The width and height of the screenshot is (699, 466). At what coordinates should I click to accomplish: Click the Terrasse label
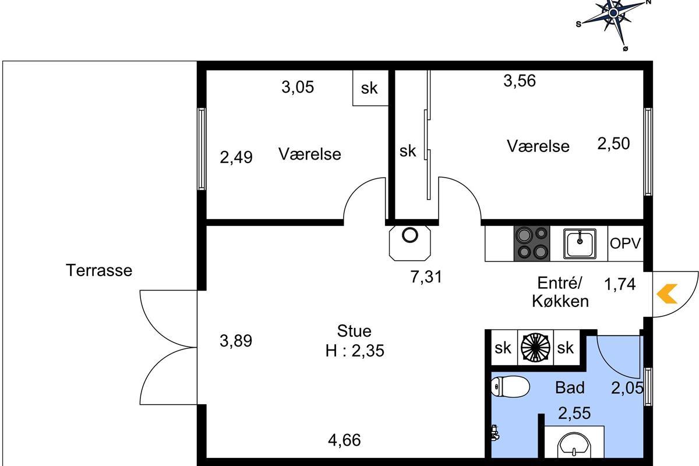coord(99,270)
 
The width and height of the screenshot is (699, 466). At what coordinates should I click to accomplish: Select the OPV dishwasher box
coord(626,243)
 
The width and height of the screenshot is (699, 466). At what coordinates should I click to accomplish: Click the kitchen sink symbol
coord(580,243)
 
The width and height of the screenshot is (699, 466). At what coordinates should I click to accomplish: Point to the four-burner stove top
coord(532,243)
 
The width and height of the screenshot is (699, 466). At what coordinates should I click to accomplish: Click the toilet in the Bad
coord(510,386)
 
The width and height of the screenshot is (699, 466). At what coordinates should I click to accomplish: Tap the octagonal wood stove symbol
coord(409,243)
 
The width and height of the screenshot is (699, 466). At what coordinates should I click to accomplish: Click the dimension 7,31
coord(426,277)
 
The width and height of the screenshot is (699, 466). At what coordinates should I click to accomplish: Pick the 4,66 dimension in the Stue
coord(344,440)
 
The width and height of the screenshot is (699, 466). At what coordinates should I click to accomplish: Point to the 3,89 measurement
coord(236,341)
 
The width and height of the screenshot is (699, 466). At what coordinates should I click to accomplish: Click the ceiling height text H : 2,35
coord(355,351)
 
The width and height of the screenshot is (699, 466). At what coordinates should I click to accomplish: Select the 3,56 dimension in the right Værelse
coord(520,80)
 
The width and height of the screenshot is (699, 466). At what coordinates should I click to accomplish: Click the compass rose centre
coord(613,13)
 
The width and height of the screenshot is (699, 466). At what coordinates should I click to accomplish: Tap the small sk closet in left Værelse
coord(370,88)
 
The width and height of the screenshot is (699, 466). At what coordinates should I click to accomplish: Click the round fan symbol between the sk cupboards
coord(535,347)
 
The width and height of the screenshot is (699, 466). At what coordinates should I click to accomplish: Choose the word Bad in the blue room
coord(570,388)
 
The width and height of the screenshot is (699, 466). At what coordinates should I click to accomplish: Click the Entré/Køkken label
coord(560,292)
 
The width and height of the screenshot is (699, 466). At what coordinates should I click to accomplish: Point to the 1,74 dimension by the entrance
coord(620,284)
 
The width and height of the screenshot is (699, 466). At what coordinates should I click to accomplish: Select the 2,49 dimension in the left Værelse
coord(236,157)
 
